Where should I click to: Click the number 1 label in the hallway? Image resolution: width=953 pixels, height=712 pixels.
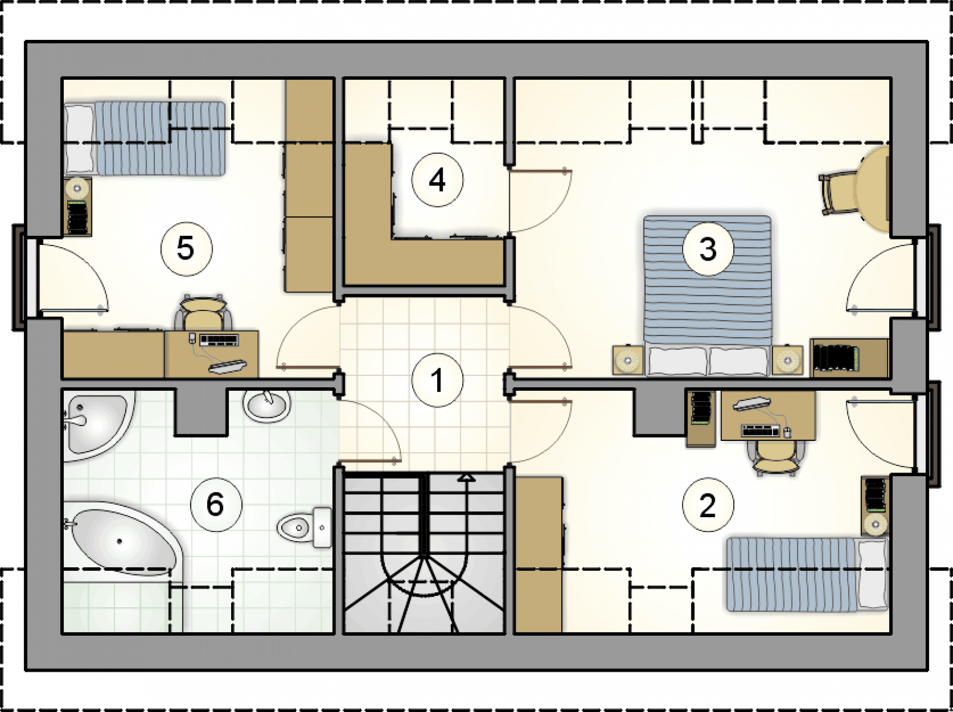[x=437, y=380]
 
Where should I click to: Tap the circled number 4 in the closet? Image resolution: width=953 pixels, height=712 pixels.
[x=437, y=180]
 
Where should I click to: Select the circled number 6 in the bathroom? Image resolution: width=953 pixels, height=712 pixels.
[x=216, y=505]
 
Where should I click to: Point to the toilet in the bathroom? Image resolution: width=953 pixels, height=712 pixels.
[x=304, y=527]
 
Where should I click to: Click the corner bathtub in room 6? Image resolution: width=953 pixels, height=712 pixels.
[x=124, y=539]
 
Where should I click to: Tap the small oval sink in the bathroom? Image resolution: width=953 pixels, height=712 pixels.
[x=267, y=406]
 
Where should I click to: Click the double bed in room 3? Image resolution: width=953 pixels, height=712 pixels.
[x=707, y=295]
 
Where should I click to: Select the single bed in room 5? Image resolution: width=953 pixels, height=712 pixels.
[x=145, y=138]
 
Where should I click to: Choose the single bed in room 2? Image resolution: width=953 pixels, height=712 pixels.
[x=807, y=574]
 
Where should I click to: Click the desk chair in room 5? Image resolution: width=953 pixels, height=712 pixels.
[x=203, y=312]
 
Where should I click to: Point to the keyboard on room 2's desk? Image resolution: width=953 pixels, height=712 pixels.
[x=760, y=431]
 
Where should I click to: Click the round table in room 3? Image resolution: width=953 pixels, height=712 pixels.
[x=872, y=189]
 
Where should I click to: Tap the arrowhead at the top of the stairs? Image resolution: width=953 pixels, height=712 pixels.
[x=467, y=478]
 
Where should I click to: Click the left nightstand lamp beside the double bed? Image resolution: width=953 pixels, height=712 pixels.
[x=627, y=360]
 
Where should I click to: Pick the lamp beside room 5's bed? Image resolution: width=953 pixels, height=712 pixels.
[x=77, y=188]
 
